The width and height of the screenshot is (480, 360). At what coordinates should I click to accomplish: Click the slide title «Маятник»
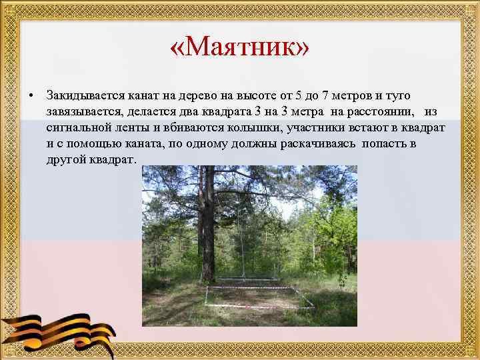point(240,48)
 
